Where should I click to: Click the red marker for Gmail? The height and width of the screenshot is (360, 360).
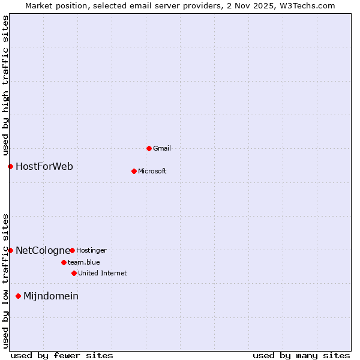point(149,148)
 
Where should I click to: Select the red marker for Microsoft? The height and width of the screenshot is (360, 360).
point(134,171)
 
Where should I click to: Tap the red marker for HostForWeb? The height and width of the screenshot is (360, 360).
point(10,166)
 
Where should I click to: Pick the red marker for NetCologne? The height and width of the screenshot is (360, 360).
point(10,250)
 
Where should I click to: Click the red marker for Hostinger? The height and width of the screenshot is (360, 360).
point(72,250)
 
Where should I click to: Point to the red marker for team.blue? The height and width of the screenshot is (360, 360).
point(64,262)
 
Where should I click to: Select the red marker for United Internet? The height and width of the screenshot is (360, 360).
point(74,273)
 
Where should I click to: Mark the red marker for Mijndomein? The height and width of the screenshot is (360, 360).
point(18,296)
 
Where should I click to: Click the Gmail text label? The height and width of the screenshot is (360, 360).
point(162,148)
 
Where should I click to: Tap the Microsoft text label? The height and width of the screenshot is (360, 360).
point(152,171)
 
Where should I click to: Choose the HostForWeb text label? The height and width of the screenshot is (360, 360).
point(44,166)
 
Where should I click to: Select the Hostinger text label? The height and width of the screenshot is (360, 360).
point(91,250)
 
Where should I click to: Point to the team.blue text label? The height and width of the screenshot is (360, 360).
point(84,262)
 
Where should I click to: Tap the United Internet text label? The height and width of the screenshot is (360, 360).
point(103,273)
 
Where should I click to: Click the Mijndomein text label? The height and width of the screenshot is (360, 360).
point(51,296)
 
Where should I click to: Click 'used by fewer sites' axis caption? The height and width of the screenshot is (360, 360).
point(62,355)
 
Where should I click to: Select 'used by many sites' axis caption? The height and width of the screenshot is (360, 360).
point(301,355)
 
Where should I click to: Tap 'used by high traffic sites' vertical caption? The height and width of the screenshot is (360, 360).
point(5,84)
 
